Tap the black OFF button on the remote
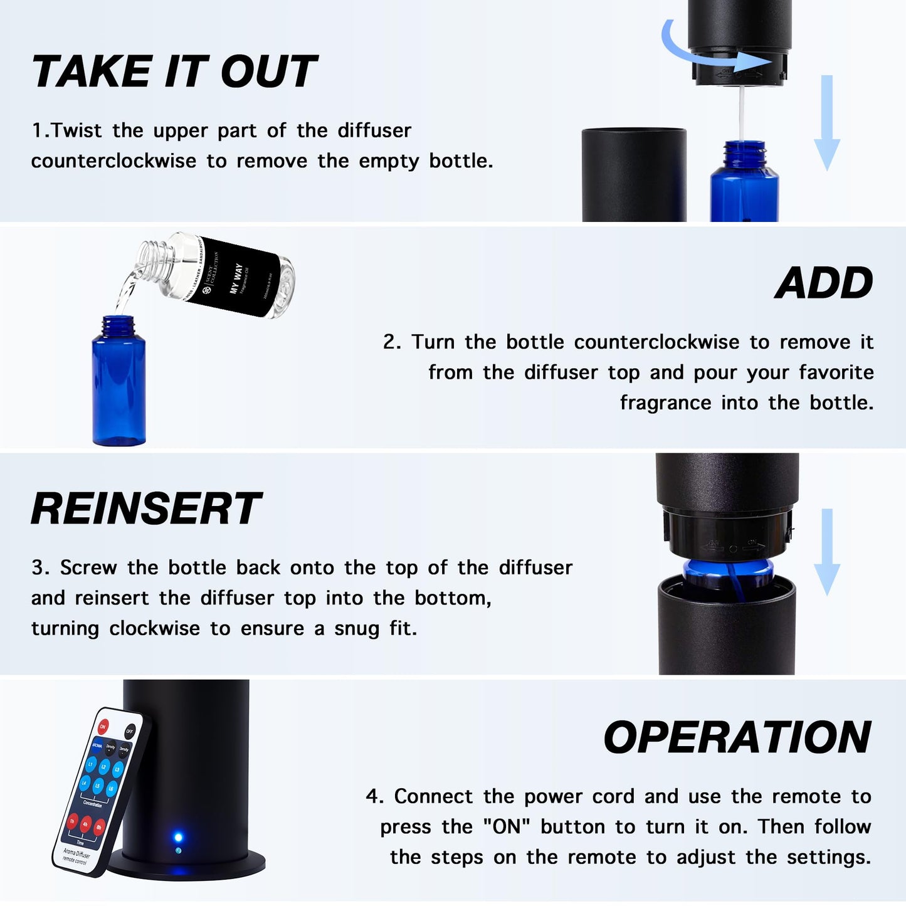click(x=130, y=731)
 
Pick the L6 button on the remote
click(x=112, y=789)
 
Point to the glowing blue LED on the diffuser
click(x=178, y=837)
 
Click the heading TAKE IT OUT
click(x=174, y=71)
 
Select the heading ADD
click(x=824, y=283)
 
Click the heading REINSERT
click(x=145, y=508)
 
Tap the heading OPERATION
click(x=737, y=737)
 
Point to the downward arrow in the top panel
click(x=826, y=122)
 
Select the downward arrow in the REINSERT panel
click(x=826, y=552)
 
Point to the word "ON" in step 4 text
click(x=507, y=826)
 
